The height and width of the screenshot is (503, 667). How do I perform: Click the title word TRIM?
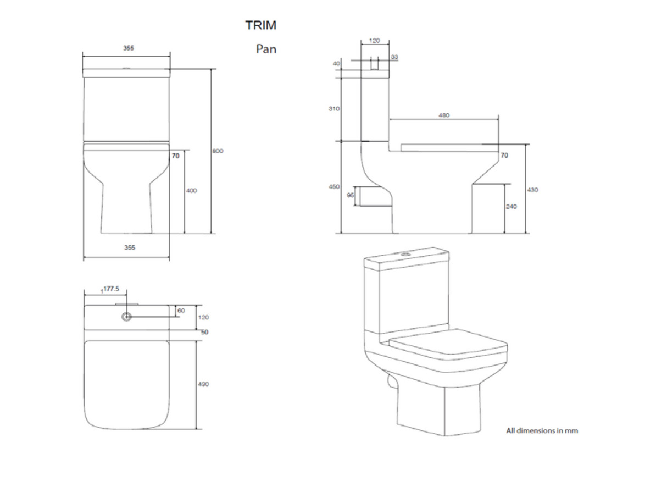tap(260, 25)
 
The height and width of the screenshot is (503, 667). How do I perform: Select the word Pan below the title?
tap(266, 48)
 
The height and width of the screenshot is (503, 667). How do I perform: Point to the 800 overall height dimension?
tap(218, 151)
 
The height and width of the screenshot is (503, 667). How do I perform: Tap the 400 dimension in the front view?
tap(191, 191)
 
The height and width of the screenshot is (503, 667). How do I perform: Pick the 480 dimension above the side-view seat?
tap(444, 115)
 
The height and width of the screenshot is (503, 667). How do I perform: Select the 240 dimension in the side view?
tap(510, 207)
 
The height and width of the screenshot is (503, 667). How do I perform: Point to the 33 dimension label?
tap(394, 57)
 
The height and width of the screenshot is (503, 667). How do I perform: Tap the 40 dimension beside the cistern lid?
tap(337, 64)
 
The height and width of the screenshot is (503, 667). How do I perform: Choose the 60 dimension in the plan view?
tap(181, 311)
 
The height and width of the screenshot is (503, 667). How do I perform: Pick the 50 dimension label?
tap(204, 332)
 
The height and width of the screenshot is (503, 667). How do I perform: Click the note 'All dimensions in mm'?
tap(542, 430)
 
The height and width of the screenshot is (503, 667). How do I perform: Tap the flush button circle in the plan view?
tap(127, 317)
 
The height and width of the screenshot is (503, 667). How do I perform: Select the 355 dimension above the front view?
tap(128, 48)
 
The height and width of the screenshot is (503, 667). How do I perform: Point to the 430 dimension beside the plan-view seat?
tap(203, 384)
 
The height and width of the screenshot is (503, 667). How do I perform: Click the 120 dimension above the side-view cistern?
tap(374, 41)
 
